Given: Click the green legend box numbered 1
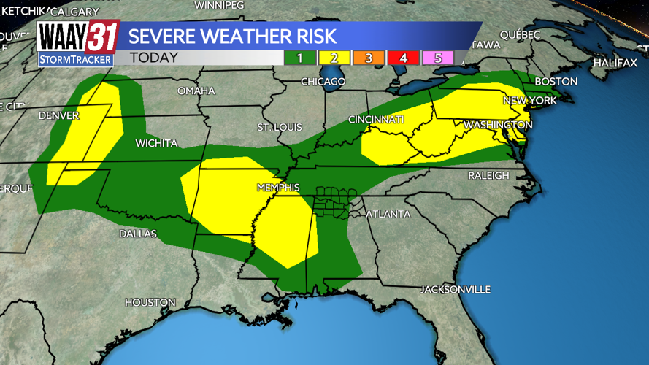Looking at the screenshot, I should pos(299,58).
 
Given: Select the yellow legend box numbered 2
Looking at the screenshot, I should pos(334,58).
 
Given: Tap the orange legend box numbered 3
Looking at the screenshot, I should pos(369,58).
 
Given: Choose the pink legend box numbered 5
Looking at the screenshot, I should pos(438,58).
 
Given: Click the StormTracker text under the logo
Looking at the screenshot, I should pos(75,59).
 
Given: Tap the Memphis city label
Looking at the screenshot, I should pos(277,188).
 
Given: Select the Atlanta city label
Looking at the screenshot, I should pos(387,214).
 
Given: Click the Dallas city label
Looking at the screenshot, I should pos(138,234).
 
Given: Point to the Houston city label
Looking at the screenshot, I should pos(150,301).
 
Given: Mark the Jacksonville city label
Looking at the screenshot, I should pos(455,289).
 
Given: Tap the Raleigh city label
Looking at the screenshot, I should pos(488,175).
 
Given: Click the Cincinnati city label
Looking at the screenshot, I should pos(376,119).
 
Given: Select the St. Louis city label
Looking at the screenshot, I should pos(275,128).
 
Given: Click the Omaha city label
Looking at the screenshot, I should pos(196,91).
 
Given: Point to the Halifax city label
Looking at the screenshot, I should pos(615,63).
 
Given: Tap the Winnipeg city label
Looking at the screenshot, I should pos(219,4).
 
